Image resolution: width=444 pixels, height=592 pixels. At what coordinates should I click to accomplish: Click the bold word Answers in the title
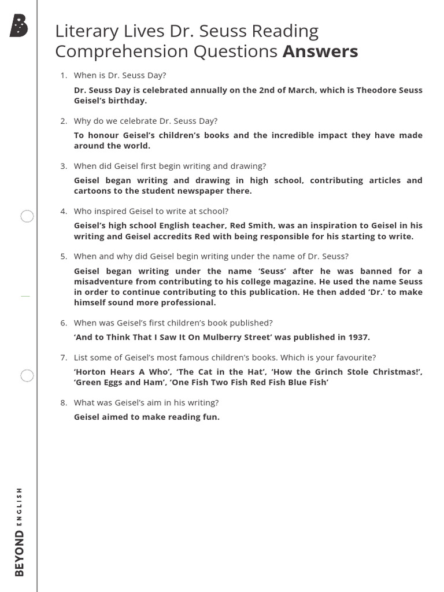pyautogui.click(x=320, y=51)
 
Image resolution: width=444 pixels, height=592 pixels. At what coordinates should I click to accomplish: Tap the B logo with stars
pyautogui.click(x=18, y=26)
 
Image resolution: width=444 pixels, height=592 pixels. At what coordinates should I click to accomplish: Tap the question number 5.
pyautogui.click(x=64, y=256)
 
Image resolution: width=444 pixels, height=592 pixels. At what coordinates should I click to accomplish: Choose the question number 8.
pyautogui.click(x=64, y=402)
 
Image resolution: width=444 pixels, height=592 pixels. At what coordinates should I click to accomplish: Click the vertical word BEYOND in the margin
pyautogui.click(x=20, y=553)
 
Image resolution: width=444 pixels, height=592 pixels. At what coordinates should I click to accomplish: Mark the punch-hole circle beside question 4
pyautogui.click(x=27, y=217)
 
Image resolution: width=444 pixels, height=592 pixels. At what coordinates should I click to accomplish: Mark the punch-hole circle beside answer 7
pyautogui.click(x=27, y=376)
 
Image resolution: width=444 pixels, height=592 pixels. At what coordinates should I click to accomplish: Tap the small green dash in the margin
pyautogui.click(x=25, y=295)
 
